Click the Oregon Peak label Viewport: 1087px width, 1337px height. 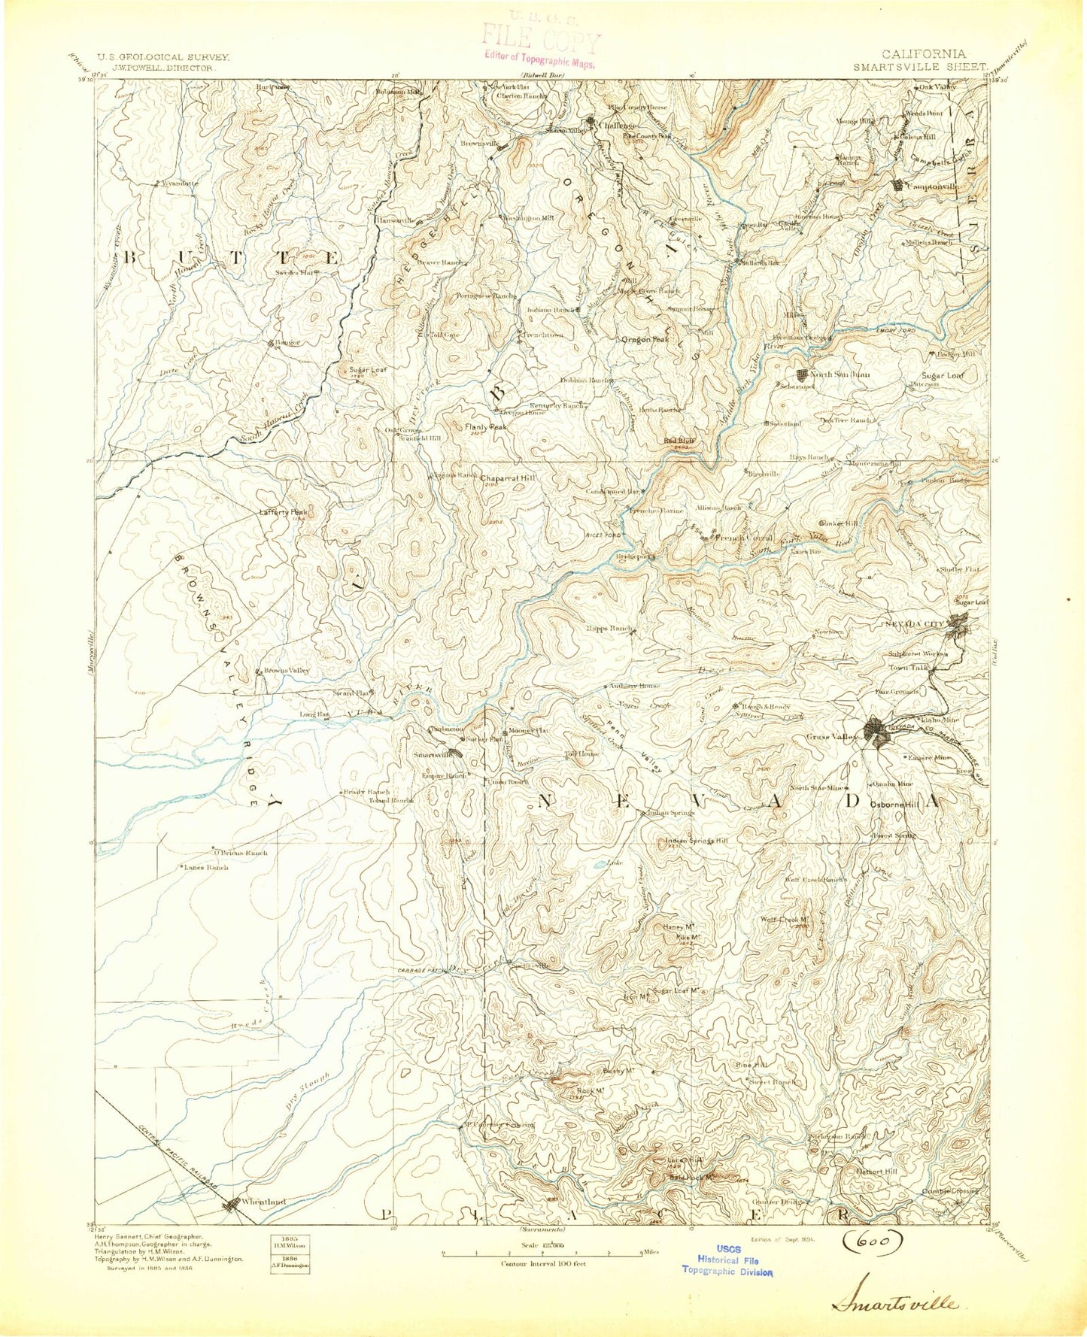645,340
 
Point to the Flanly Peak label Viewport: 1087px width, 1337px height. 485,426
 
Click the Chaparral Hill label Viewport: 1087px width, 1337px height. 509,478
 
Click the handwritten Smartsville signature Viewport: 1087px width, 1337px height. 894,1302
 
